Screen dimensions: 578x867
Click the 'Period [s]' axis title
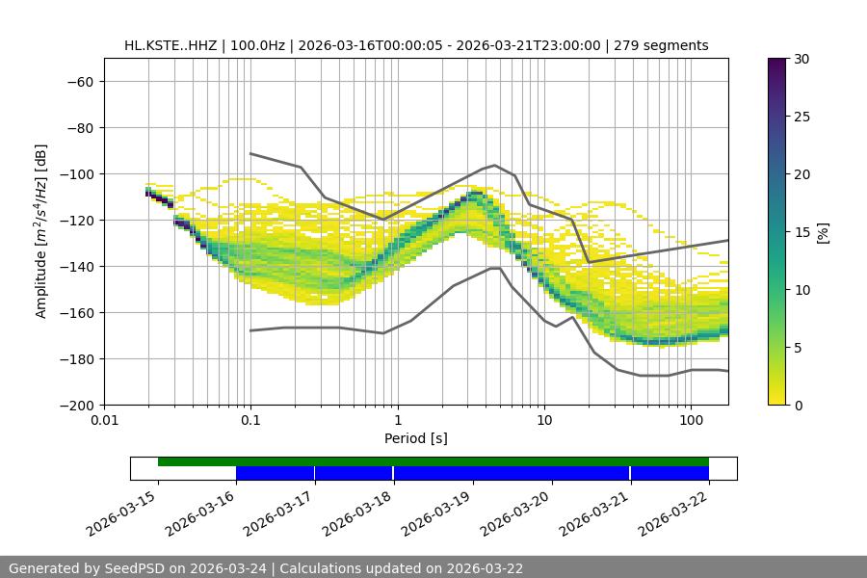tap(415, 439)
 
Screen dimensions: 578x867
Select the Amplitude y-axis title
tap(41, 231)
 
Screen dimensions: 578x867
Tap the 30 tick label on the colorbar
tap(801, 59)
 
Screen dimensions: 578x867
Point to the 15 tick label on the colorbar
tap(801, 232)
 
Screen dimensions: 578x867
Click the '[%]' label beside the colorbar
tap(823, 232)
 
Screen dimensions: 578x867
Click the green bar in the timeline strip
tap(433, 461)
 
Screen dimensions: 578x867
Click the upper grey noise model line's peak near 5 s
tap(494, 165)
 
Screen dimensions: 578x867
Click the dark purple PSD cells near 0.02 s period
tap(154, 196)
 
